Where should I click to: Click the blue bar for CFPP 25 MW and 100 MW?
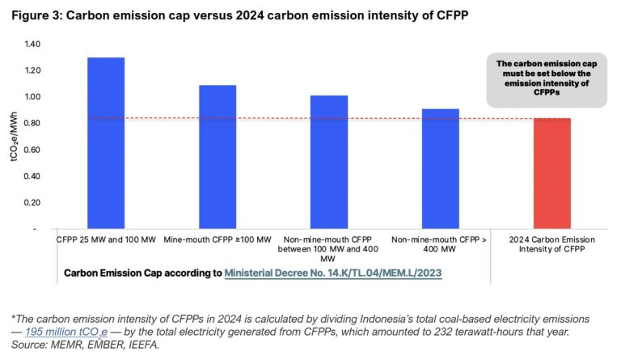pyautogui.click(x=105, y=143)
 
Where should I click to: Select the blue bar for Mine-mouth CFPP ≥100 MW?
pyautogui.click(x=218, y=157)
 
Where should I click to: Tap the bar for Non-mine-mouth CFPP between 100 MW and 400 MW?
pyautogui.click(x=329, y=162)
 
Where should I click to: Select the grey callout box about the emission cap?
pyautogui.click(x=547, y=79)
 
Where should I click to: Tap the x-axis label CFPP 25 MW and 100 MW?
pyautogui.click(x=103, y=240)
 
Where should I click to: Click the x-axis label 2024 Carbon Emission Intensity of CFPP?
pyautogui.click(x=551, y=245)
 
